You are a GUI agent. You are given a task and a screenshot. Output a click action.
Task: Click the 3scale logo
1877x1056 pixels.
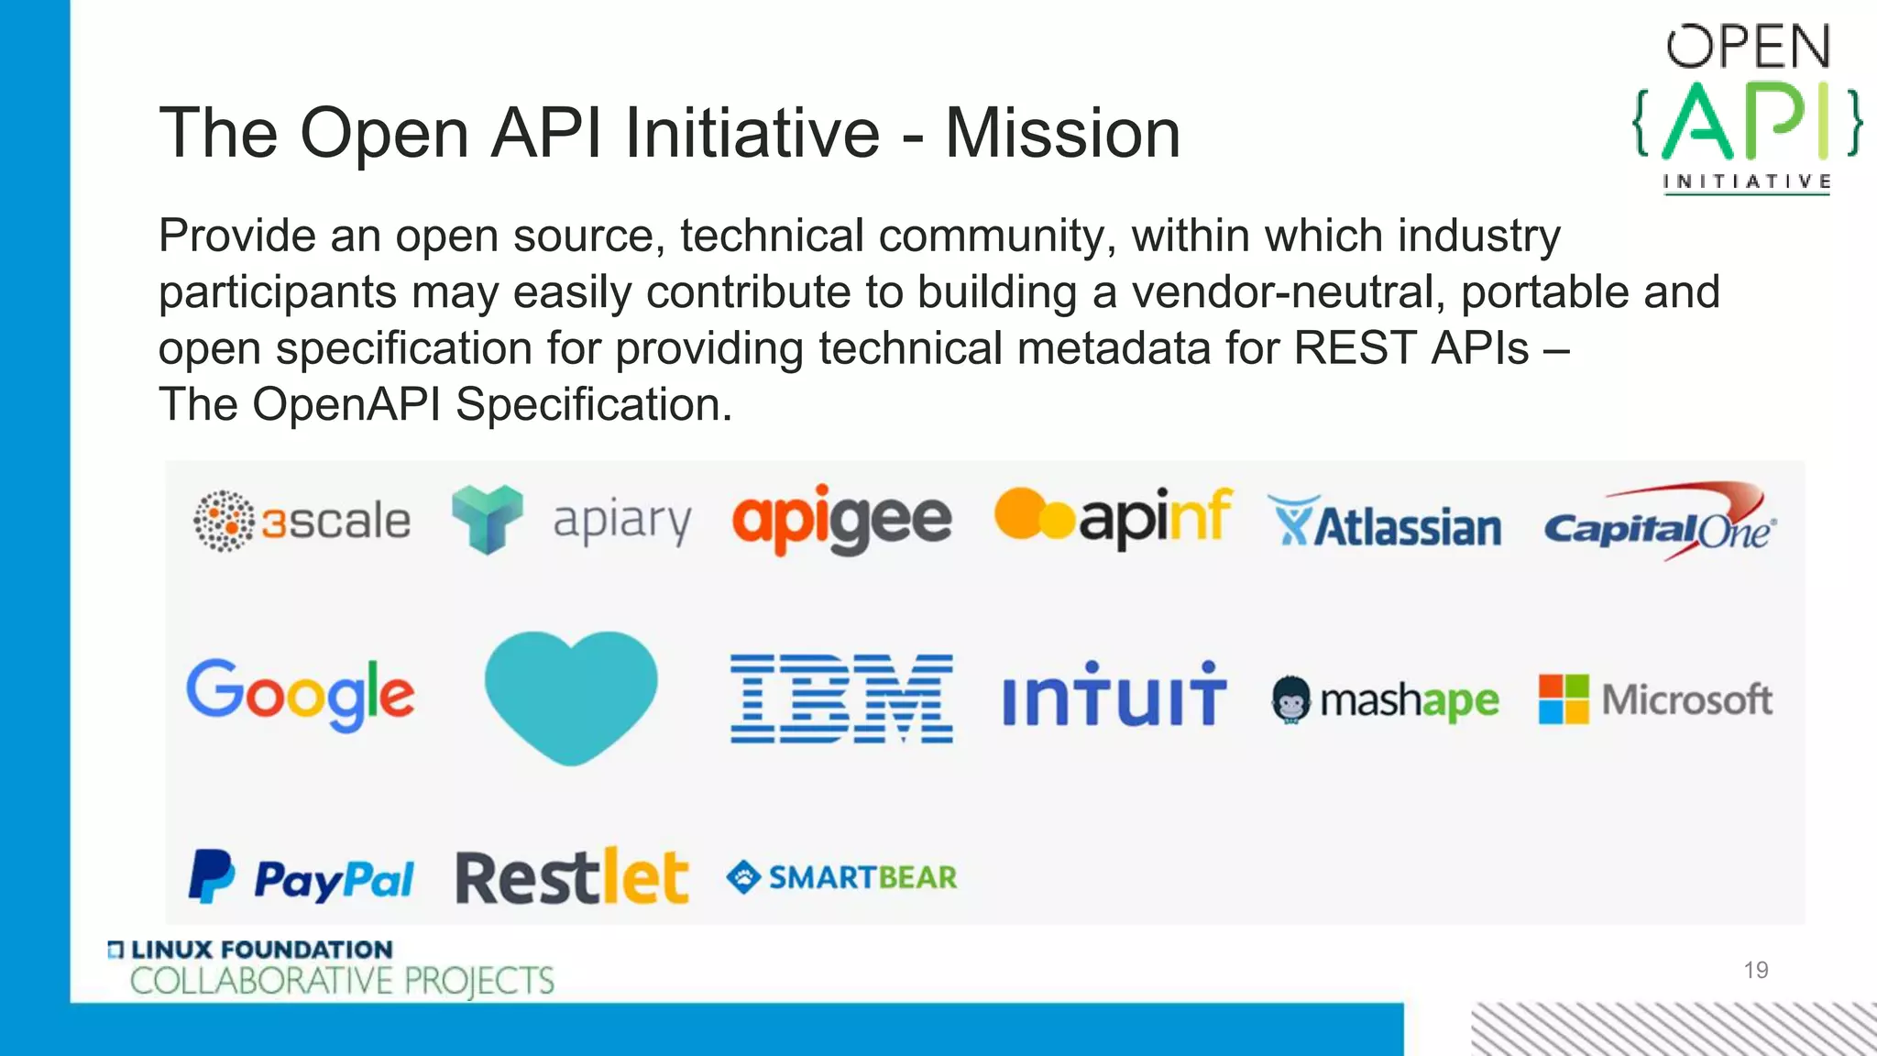click(302, 521)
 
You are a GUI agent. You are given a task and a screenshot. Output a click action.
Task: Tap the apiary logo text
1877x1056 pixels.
click(621, 522)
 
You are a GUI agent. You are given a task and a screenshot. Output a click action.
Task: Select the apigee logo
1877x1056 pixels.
click(841, 520)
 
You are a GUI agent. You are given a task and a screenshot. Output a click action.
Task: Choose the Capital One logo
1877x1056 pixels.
click(1659, 522)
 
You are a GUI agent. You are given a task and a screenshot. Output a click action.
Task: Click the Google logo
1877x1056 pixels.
click(300, 694)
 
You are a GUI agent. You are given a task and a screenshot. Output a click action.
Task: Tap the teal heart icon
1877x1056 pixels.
click(570, 696)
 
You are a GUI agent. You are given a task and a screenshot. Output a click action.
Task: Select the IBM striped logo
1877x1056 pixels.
click(841, 698)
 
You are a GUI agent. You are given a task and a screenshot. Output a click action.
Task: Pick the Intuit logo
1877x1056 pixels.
click(1114, 696)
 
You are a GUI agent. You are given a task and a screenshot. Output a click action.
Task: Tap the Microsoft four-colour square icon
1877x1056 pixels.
click(1563, 699)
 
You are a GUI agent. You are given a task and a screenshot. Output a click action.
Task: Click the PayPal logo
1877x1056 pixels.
click(301, 877)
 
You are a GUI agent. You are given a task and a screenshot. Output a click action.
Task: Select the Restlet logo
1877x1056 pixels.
click(571, 877)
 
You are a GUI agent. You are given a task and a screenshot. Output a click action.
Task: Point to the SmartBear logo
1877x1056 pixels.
click(841, 877)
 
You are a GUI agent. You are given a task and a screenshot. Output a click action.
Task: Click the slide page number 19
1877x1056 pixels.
click(1755, 970)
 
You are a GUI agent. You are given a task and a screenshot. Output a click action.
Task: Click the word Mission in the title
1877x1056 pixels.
click(1062, 134)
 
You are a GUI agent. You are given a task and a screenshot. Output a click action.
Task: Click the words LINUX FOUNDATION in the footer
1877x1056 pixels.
click(261, 950)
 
